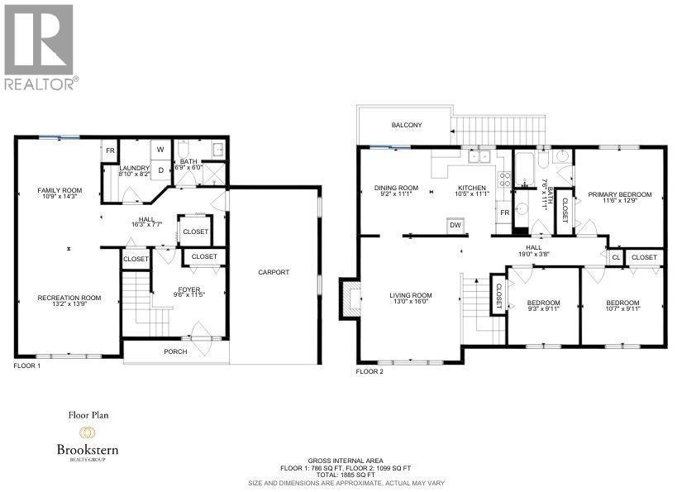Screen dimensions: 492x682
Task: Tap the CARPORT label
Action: (274, 272)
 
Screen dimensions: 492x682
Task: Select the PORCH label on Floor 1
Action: (175, 351)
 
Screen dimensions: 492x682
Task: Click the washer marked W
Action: (161, 150)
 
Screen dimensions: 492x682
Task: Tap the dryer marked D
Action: (161, 170)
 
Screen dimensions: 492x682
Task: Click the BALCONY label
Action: (407, 126)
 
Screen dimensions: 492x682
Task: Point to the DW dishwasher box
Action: (455, 224)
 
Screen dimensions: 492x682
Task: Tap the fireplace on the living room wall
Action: (351, 298)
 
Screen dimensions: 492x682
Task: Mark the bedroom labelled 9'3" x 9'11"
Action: (543, 306)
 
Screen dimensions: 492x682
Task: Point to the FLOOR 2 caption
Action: (369, 372)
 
